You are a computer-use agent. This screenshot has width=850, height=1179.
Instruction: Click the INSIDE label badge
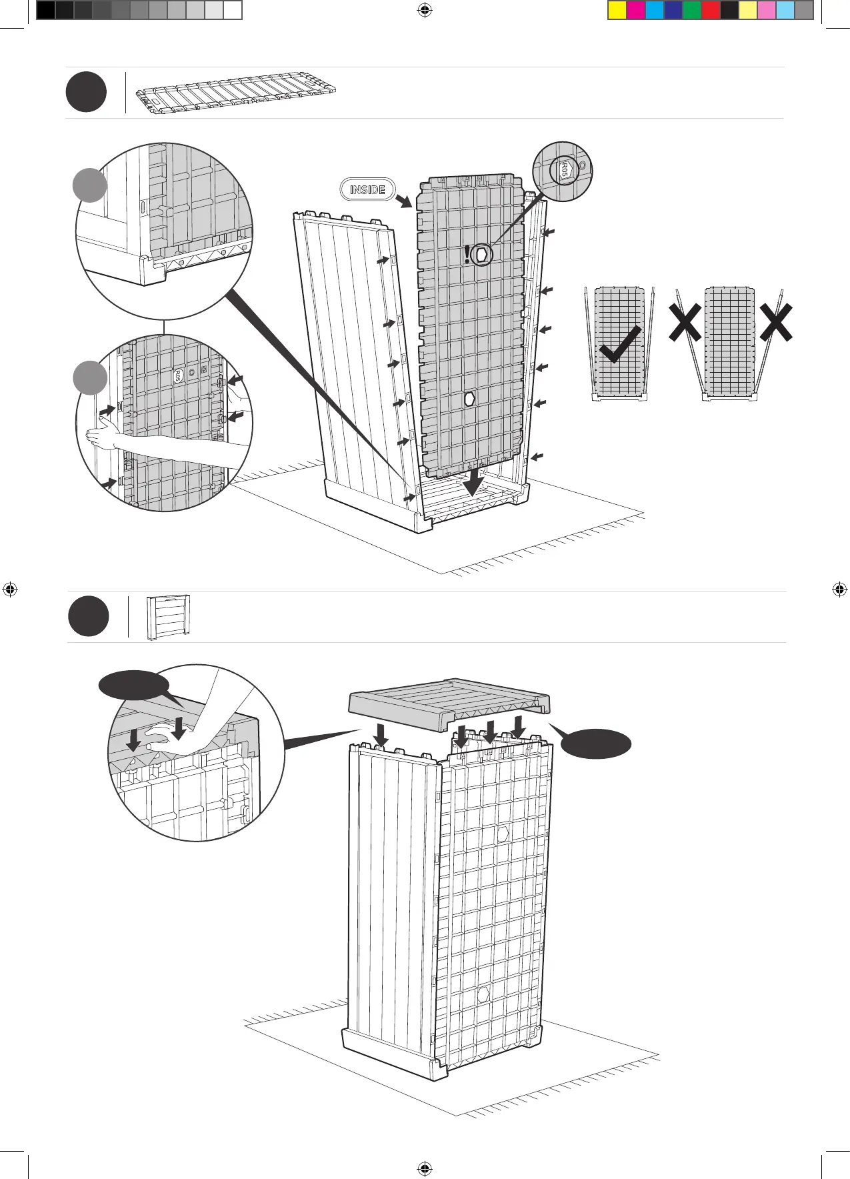coord(367,189)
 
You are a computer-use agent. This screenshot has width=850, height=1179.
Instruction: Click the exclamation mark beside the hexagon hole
coord(468,254)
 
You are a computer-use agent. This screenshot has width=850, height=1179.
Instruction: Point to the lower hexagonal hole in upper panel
coord(470,399)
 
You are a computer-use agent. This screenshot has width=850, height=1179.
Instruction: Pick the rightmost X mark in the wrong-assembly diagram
coord(775,323)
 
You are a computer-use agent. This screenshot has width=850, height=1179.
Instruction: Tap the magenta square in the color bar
coord(636,10)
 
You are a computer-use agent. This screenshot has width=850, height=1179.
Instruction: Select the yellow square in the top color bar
coord(617,10)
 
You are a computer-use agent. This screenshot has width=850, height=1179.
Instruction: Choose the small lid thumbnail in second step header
coord(168,618)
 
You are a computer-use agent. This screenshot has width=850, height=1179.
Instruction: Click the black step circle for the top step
coord(86,93)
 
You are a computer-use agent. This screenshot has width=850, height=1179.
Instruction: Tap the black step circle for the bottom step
coord(88,617)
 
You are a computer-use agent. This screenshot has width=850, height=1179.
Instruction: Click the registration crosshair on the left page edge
coord(9,589)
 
